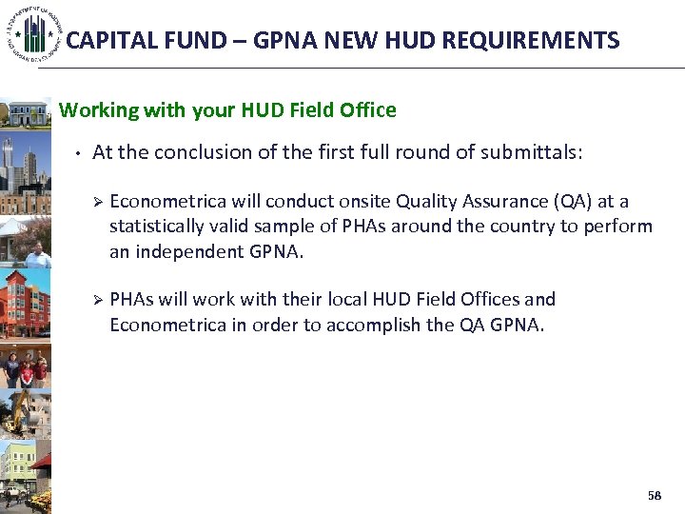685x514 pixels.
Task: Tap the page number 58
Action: (654, 496)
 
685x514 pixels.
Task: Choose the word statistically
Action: (156, 227)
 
